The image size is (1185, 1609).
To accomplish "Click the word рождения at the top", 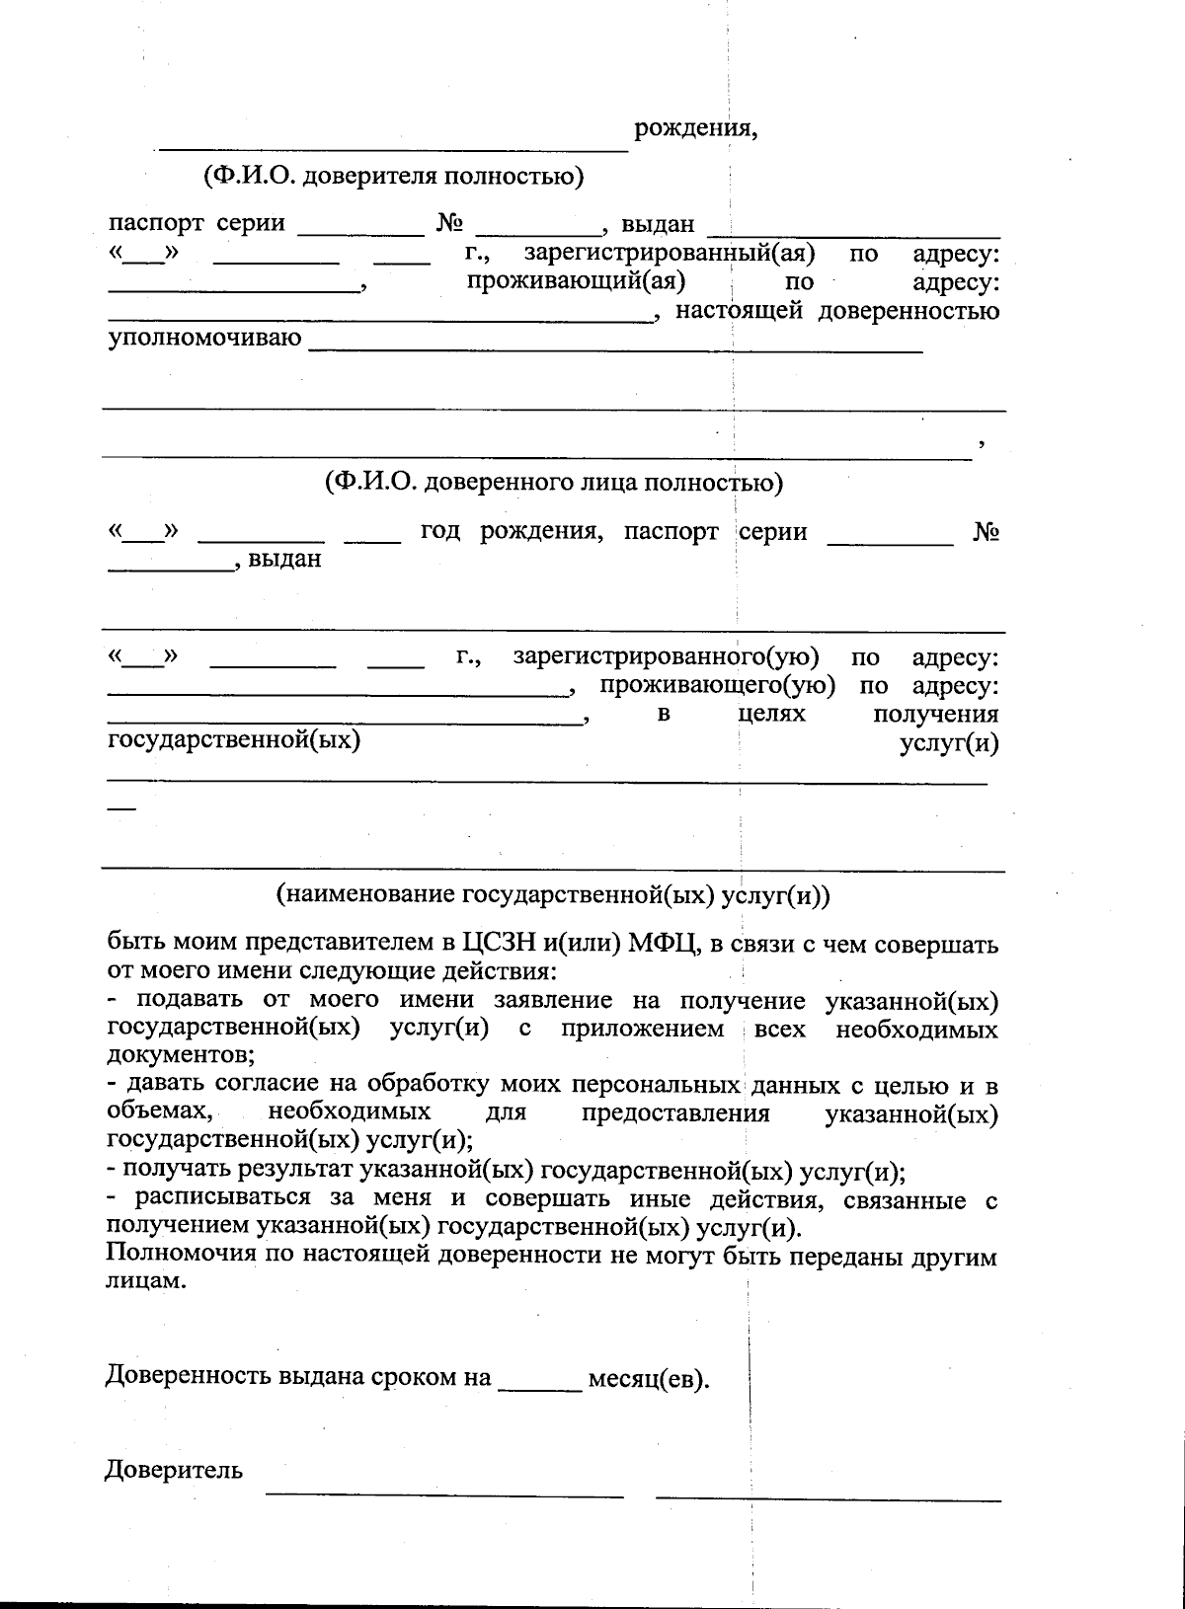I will (x=695, y=128).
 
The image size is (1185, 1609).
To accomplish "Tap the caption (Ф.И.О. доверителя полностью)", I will (x=393, y=177).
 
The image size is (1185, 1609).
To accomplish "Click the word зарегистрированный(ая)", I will (x=669, y=254).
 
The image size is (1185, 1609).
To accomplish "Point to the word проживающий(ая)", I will (x=576, y=281).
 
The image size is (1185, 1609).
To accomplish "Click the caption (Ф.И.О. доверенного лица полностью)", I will (x=554, y=483).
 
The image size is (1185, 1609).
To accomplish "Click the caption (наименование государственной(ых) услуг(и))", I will (x=554, y=895).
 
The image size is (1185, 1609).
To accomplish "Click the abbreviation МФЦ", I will (x=664, y=945).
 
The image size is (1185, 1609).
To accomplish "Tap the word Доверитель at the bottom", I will (x=174, y=1471).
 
